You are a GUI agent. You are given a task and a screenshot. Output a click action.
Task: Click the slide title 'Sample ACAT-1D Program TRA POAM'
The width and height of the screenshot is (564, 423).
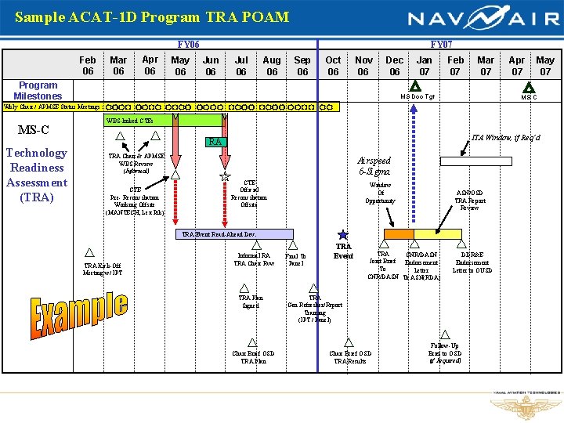tap(152, 16)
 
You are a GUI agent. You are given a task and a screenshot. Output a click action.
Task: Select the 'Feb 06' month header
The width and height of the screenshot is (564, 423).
tap(88, 65)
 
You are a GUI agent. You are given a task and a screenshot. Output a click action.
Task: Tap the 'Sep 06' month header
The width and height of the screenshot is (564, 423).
tap(302, 65)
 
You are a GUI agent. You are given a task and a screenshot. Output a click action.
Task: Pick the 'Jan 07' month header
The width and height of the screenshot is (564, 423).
tap(424, 65)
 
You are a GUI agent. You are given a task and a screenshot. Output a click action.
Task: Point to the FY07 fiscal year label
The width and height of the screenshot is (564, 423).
tap(441, 45)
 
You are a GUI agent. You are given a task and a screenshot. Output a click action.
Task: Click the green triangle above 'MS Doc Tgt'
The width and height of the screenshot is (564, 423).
tap(417, 88)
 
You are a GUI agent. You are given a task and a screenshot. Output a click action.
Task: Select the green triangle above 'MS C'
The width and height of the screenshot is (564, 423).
tap(529, 88)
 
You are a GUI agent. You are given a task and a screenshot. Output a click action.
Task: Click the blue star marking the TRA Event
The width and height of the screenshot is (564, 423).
tap(342, 234)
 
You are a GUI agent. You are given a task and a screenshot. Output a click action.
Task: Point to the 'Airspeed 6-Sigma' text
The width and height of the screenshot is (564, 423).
tap(375, 165)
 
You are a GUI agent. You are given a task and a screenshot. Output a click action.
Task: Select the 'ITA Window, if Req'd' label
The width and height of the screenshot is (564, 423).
tap(505, 139)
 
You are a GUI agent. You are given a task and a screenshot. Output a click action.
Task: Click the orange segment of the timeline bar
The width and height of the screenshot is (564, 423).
tap(399, 233)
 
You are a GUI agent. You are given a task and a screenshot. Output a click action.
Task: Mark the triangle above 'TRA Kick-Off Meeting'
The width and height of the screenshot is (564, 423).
tap(89, 252)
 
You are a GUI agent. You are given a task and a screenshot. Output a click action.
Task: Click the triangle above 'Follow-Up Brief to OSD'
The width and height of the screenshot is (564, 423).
tap(445, 334)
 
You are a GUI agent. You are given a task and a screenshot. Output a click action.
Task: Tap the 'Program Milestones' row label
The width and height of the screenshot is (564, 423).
tap(38, 90)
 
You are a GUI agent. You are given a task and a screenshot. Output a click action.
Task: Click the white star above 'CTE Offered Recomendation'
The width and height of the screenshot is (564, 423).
tap(225, 176)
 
